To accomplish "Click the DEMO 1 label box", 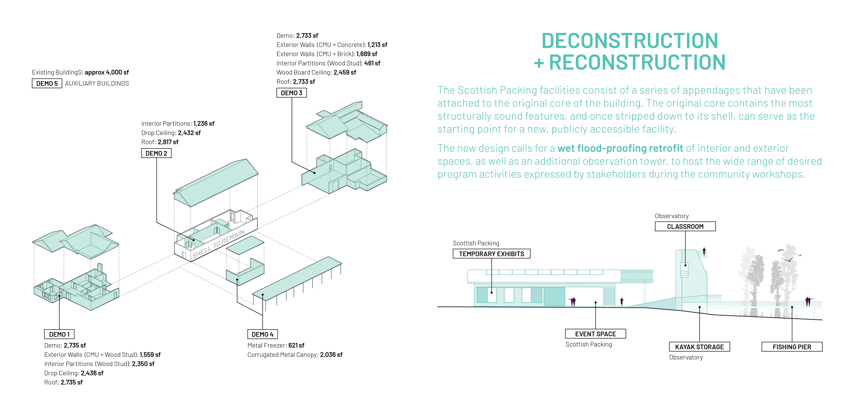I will pos(59,334).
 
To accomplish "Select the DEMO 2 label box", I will pos(156,153).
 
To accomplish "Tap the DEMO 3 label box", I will pos(291,93).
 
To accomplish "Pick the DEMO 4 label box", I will pos(262,334).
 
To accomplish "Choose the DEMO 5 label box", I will pos(47,83).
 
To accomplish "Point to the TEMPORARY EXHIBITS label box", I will pos(491,254).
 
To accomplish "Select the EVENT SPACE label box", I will pos(595,334).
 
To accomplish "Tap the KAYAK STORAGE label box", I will pos(699,347).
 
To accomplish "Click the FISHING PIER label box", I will pos(792,347).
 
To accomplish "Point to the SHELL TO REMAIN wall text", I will pos(218,244).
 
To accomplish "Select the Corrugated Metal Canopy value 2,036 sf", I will pos(331,355).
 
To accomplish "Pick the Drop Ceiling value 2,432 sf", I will pos(189,133).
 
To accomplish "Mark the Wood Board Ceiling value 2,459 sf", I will pos(345,72).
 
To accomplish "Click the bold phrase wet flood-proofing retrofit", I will pos(620,148).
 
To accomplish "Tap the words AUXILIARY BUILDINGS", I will pos(97,83).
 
